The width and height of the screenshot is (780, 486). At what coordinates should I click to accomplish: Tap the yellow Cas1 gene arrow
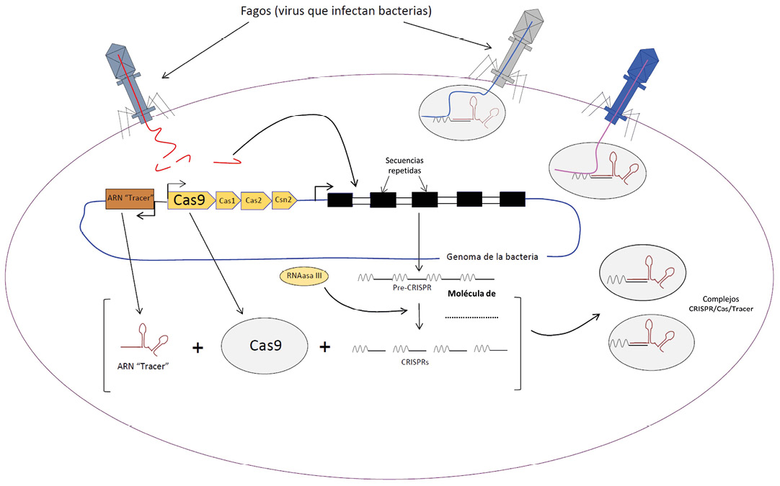228,201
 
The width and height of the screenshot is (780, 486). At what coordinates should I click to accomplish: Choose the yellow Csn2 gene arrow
283,201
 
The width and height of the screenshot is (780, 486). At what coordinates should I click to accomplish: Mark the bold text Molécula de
474,294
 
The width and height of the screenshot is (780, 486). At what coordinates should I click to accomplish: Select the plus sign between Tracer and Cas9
197,348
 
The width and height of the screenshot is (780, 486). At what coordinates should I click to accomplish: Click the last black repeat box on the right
512,200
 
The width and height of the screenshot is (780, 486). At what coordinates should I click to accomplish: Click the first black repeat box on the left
340,200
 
